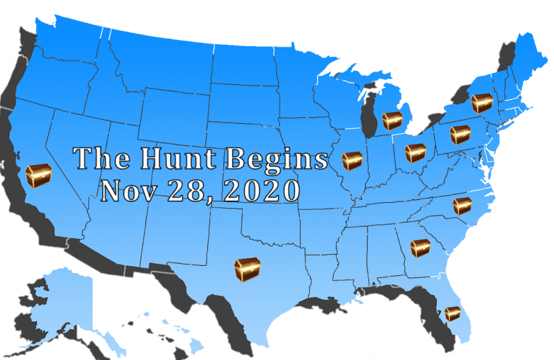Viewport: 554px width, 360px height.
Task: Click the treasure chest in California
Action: point(38,176)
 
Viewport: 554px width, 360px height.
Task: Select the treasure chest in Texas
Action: point(247,269)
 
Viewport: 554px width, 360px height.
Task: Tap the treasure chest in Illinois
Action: point(352,161)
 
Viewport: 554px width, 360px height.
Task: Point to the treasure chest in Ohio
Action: point(416,153)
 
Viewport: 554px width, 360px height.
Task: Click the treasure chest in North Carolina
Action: point(462,206)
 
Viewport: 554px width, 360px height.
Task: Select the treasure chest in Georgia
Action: point(420,247)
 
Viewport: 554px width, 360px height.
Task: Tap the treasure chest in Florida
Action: point(452,313)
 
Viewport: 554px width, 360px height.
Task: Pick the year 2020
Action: point(260,191)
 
